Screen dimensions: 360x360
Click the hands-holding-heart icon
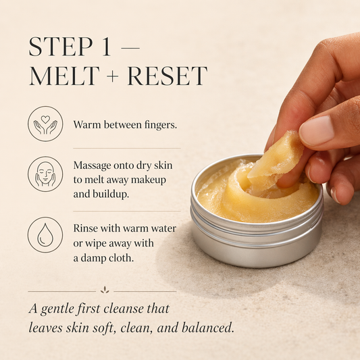[45, 124]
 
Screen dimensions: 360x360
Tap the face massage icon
[45, 174]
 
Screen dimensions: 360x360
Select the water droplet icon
[45, 234]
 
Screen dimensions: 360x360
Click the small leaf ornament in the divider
[104, 290]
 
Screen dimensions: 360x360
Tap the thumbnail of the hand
[318, 130]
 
